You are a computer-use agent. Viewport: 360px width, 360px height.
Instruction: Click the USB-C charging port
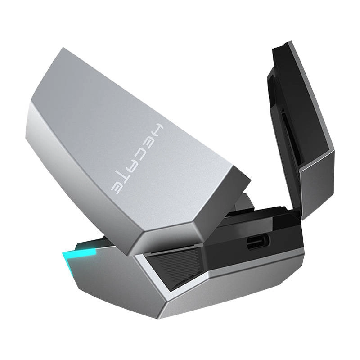click(x=258, y=243)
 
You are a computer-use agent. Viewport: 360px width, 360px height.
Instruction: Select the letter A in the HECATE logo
click(x=133, y=165)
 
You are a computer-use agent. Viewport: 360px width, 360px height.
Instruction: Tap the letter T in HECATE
click(x=125, y=176)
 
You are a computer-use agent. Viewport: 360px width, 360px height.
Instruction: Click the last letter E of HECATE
click(x=117, y=187)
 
